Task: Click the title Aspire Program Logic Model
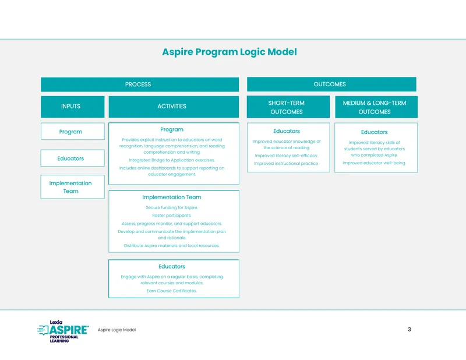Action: point(230,52)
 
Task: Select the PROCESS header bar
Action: point(140,84)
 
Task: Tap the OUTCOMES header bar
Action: point(331,84)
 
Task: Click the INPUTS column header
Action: point(72,107)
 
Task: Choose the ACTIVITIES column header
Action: point(174,107)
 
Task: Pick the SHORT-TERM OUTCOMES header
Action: point(288,107)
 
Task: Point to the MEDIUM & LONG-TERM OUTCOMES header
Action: point(376,107)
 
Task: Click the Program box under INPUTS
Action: point(72,132)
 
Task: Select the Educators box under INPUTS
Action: point(72,158)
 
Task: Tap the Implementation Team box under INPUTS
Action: point(72,187)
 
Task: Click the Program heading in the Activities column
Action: point(172,130)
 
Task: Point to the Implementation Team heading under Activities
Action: point(172,197)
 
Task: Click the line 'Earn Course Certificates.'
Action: point(172,291)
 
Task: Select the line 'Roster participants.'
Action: point(171,216)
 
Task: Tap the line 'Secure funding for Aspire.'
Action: point(172,207)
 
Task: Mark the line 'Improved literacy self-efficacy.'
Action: point(287,156)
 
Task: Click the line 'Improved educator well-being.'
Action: point(374,163)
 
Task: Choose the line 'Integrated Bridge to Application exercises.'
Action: point(172,160)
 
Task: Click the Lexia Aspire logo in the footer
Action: point(63,331)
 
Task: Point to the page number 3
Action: point(409,329)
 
